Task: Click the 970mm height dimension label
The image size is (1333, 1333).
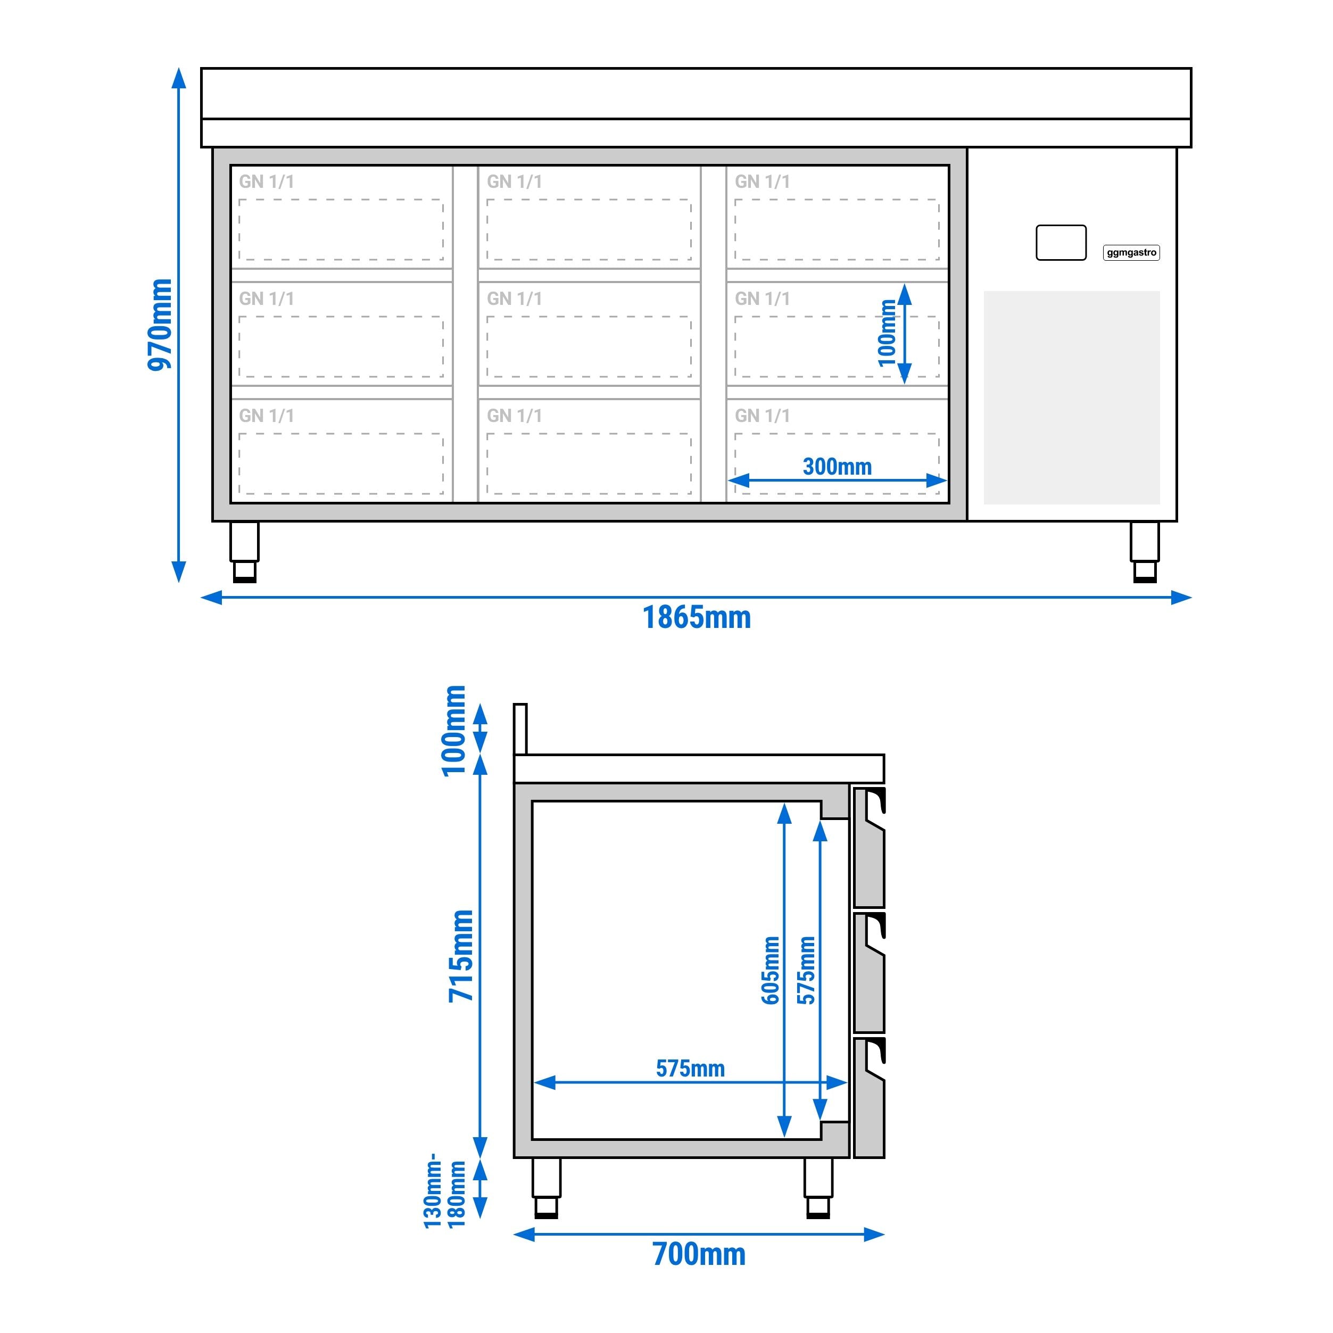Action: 160,324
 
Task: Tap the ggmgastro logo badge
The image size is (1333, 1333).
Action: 1131,253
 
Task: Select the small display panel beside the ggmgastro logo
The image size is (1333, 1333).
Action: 1061,243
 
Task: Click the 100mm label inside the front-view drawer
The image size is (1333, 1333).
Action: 887,333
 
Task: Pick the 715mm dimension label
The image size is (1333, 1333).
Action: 461,956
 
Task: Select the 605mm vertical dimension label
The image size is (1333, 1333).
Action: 770,970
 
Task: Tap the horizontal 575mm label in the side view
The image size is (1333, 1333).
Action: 690,1069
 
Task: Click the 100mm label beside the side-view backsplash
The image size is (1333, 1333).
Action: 454,731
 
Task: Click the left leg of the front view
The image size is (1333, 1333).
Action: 244,551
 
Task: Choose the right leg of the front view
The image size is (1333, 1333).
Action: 1145,551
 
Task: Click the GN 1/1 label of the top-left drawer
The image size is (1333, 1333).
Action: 266,181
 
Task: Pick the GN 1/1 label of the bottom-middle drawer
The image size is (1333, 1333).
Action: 514,416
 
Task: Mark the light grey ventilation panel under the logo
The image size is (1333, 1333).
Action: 1072,398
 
